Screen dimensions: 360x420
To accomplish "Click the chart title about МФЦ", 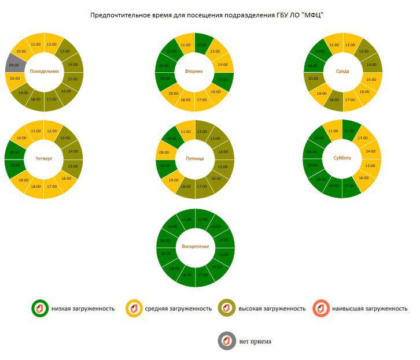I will point(206,14).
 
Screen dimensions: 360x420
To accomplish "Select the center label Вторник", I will point(194,72).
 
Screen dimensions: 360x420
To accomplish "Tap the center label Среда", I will point(342,72).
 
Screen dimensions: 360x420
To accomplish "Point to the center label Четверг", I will point(44,158).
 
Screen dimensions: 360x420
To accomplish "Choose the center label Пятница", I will point(194,158).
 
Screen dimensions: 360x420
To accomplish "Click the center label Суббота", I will point(342,158).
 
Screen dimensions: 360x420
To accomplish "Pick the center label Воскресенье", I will point(196,247).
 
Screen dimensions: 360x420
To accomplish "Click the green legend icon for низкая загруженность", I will point(40,309).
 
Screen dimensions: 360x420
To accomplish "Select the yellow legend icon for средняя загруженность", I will point(134,309).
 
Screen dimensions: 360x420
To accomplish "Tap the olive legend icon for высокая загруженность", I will point(227,309).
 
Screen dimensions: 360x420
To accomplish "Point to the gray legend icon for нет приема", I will point(227,341).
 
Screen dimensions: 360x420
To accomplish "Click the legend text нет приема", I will point(255,342).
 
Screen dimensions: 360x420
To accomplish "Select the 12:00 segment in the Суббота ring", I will point(350,131).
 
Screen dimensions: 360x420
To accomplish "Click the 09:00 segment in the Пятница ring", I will point(164,153).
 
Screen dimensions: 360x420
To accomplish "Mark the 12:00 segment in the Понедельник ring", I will point(51,44).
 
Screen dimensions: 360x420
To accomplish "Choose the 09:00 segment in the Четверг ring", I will point(15,153).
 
